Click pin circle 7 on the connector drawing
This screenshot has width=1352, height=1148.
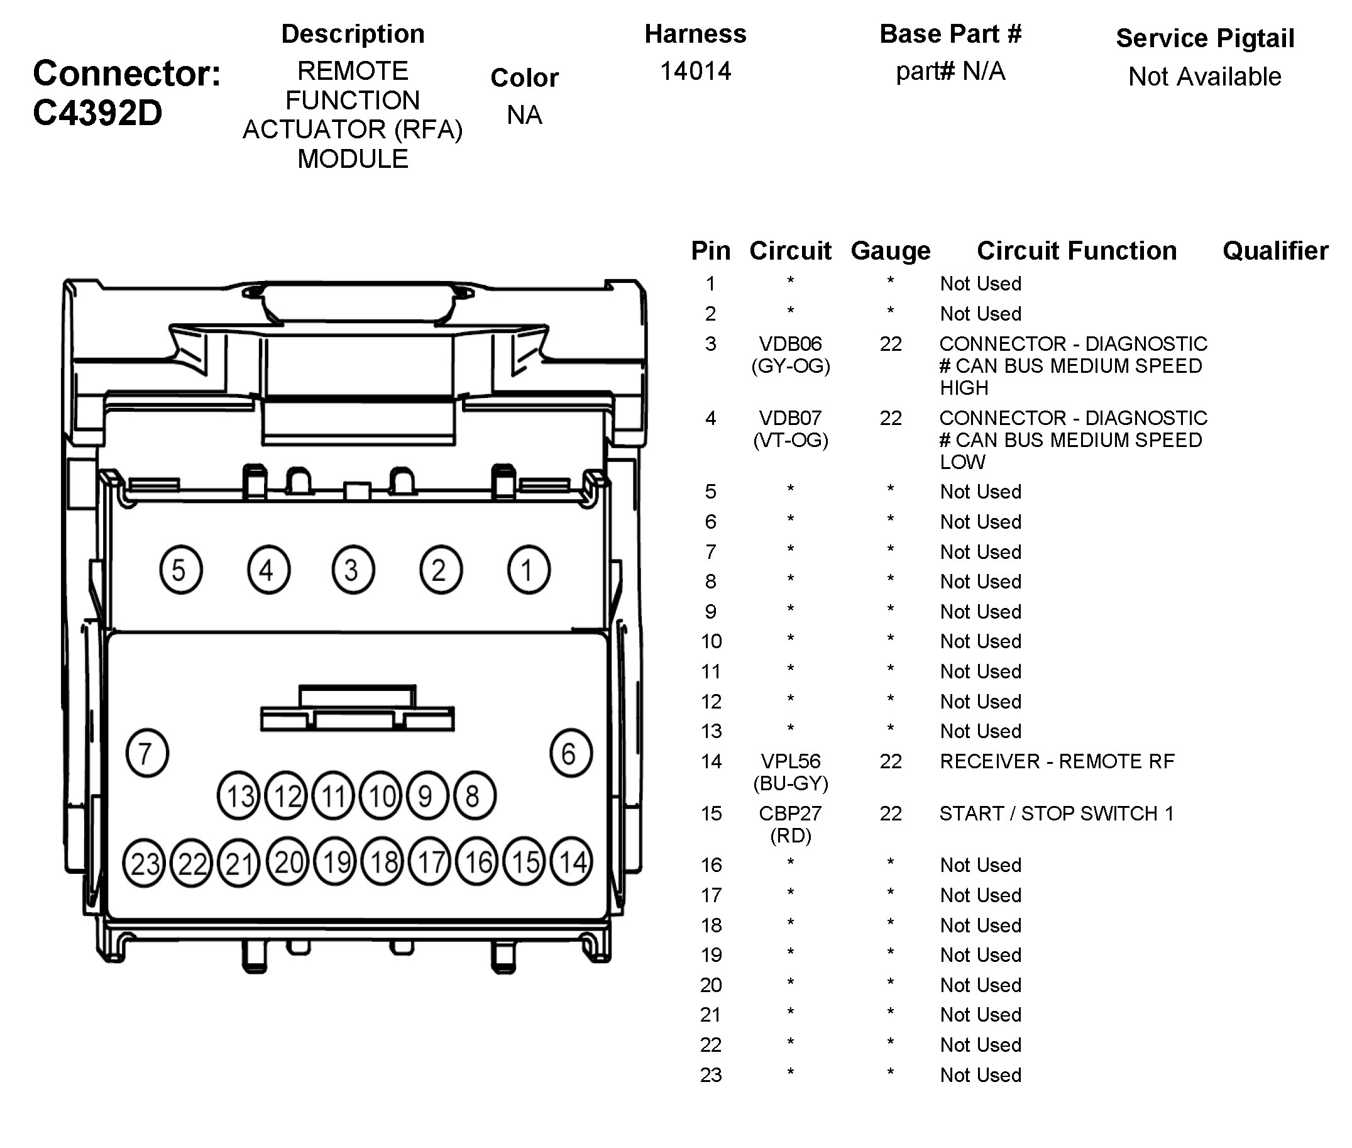click(x=146, y=753)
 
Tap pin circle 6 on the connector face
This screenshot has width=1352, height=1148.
click(x=571, y=753)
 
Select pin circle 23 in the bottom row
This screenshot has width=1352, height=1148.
click(x=145, y=863)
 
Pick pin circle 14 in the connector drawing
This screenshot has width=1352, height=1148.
click(x=571, y=862)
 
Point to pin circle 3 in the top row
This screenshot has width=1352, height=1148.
click(x=353, y=570)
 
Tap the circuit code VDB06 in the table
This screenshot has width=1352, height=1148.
click(x=790, y=344)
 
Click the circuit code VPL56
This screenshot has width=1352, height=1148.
click(x=790, y=761)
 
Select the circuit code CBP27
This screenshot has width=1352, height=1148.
click(x=790, y=813)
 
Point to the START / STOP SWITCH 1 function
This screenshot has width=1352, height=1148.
click(x=1056, y=814)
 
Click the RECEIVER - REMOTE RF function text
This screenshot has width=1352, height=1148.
click(x=1057, y=761)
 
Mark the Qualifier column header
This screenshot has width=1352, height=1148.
click(x=1275, y=251)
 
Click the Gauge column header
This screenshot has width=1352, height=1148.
click(x=890, y=251)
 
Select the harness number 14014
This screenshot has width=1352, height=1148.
click(x=695, y=71)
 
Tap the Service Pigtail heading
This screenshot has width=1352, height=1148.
click(x=1204, y=38)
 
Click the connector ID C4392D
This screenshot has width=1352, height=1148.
click(x=97, y=113)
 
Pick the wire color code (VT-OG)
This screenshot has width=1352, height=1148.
click(x=790, y=441)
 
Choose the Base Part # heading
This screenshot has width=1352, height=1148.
click(x=950, y=34)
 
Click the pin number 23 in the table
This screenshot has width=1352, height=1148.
click(x=710, y=1074)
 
